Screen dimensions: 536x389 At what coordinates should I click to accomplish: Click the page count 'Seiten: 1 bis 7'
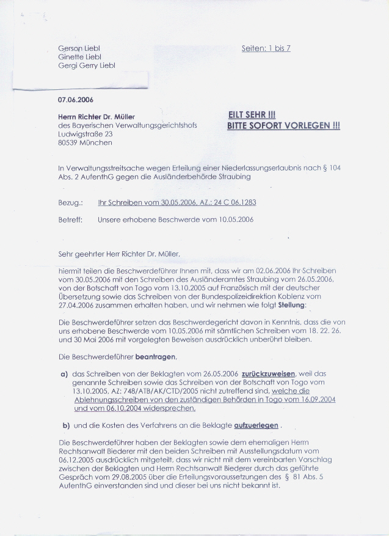click(x=266, y=48)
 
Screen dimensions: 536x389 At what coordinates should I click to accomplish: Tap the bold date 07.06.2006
click(x=76, y=99)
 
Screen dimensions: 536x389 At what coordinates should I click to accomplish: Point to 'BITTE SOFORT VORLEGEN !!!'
click(x=283, y=126)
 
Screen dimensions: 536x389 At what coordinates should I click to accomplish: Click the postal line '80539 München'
click(x=85, y=142)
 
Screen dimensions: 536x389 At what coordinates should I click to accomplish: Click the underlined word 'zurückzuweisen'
click(x=269, y=373)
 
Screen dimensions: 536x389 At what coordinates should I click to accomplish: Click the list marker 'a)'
click(x=64, y=373)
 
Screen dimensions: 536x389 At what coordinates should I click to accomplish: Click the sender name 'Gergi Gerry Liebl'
click(x=86, y=65)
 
